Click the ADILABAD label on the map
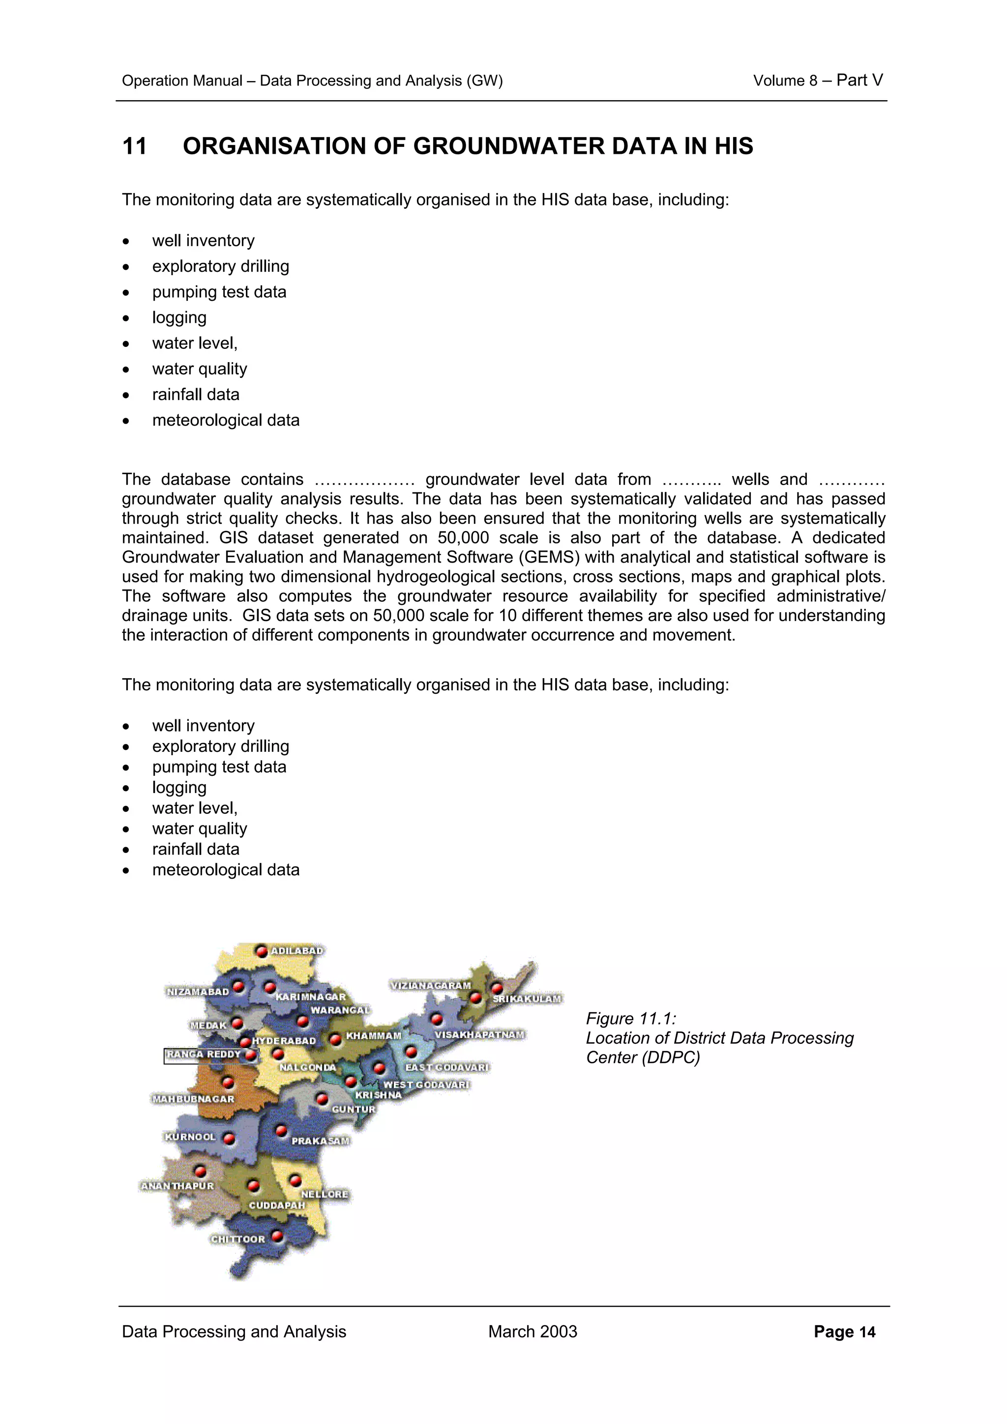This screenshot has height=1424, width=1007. [296, 951]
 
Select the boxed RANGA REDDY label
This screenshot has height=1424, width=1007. [204, 1054]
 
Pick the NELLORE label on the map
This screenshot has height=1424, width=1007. [325, 1195]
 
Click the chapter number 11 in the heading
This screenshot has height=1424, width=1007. [135, 146]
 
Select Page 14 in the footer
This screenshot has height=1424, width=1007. [844, 1332]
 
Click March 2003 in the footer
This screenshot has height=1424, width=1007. [533, 1332]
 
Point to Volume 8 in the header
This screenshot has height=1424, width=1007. [784, 81]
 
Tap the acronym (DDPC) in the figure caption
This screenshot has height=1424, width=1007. [671, 1057]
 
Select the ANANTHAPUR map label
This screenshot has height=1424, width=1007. [177, 1186]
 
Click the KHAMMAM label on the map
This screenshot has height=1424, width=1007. [374, 1036]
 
